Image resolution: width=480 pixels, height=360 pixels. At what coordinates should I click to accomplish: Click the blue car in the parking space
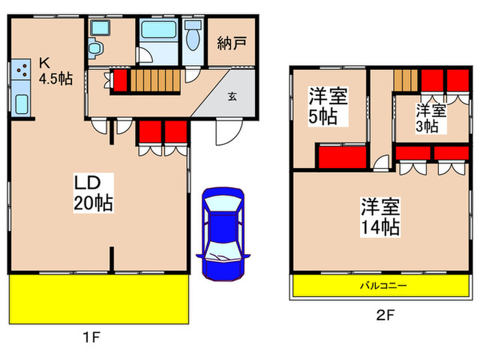click(x=223, y=234)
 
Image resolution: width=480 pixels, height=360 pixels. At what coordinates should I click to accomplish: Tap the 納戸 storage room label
click(x=232, y=43)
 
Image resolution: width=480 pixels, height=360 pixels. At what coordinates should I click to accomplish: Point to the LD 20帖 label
click(x=93, y=193)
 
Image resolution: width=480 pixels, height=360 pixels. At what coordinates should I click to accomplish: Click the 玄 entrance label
click(x=232, y=97)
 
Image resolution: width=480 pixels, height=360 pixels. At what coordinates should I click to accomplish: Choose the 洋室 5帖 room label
click(x=328, y=106)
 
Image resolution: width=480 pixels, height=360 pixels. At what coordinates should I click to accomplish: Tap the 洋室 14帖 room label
click(x=380, y=217)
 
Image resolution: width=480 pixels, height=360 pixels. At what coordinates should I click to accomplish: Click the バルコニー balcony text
click(x=383, y=286)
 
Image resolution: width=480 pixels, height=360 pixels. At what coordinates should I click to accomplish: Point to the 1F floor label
click(x=91, y=337)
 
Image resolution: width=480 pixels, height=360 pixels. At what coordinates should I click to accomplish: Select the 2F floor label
click(x=385, y=315)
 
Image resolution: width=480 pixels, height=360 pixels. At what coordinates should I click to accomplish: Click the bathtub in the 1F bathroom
click(x=159, y=29)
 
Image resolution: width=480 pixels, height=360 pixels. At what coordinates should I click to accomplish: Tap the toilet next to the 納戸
click(x=193, y=36)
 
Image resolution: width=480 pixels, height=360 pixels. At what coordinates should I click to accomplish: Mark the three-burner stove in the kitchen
click(x=21, y=69)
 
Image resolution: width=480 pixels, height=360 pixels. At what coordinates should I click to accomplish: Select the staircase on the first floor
click(x=156, y=80)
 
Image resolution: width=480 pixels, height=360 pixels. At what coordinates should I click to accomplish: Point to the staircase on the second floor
click(x=406, y=80)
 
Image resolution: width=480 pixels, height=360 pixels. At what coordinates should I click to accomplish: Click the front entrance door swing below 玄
click(x=228, y=132)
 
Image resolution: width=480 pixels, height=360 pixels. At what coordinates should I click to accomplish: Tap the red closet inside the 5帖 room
click(x=343, y=157)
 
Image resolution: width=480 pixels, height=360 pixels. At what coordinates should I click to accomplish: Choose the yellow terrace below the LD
click(x=99, y=299)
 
